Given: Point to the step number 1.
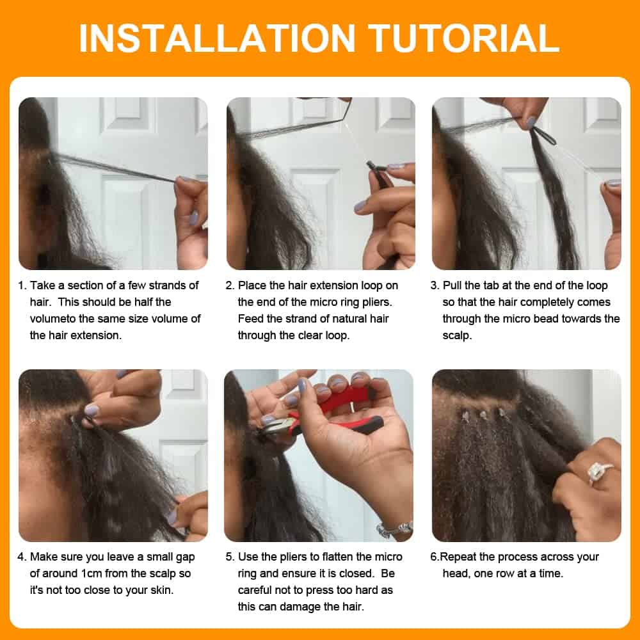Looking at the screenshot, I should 22,285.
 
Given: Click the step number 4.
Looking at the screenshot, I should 22,557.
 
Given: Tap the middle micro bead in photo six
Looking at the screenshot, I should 483,414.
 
